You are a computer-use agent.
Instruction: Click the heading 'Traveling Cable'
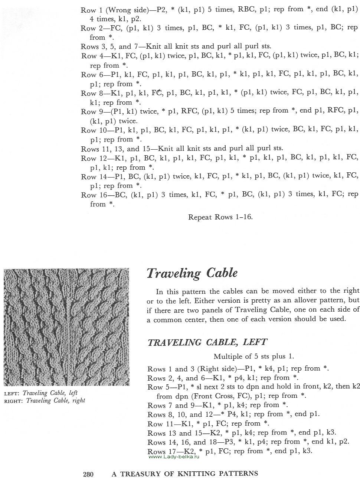point(192,273)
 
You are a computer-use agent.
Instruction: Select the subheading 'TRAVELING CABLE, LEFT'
point(207,342)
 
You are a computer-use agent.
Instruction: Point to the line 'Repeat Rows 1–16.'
point(220,217)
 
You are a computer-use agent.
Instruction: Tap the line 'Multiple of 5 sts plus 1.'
point(254,357)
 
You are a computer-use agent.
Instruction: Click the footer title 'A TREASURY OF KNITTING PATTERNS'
point(185,474)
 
